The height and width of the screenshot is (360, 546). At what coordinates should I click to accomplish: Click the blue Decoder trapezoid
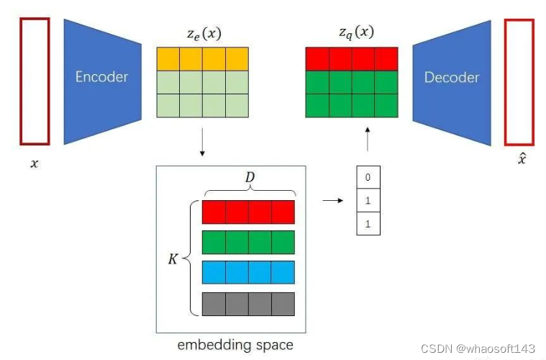click(x=451, y=77)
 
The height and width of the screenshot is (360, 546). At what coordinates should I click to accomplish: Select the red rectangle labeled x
click(x=35, y=81)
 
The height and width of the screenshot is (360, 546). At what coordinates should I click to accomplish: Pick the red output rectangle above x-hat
click(x=519, y=81)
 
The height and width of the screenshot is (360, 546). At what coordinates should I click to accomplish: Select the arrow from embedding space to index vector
click(x=332, y=201)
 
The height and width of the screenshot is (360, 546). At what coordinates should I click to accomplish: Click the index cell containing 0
click(x=368, y=177)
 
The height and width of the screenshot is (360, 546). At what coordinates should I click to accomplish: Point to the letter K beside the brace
click(x=173, y=258)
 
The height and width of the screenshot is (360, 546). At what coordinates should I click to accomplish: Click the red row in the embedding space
click(x=248, y=212)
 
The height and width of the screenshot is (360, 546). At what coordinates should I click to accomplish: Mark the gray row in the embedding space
click(x=248, y=304)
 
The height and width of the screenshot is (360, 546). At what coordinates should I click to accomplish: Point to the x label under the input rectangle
click(x=35, y=163)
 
